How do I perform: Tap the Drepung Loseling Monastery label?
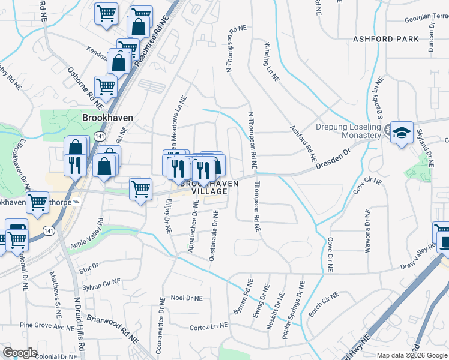click(348, 131)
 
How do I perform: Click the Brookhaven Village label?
click(204, 187)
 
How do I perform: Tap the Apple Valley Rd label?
click(87, 234)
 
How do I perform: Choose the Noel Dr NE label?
click(187, 297)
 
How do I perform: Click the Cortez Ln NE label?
click(209, 325)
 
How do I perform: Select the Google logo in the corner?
click(20, 352)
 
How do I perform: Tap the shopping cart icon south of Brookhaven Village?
click(140, 190)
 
